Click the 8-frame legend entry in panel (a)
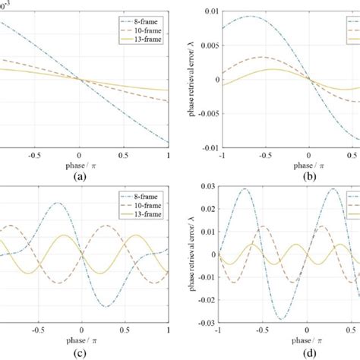pyautogui.click(x=141, y=14)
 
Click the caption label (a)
pyautogui.click(x=80, y=173)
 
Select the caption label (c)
pyautogui.click(x=80, y=352)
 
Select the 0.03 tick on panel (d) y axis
pyautogui.click(x=204, y=189)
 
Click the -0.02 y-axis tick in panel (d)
pyautogui.click(x=203, y=298)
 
